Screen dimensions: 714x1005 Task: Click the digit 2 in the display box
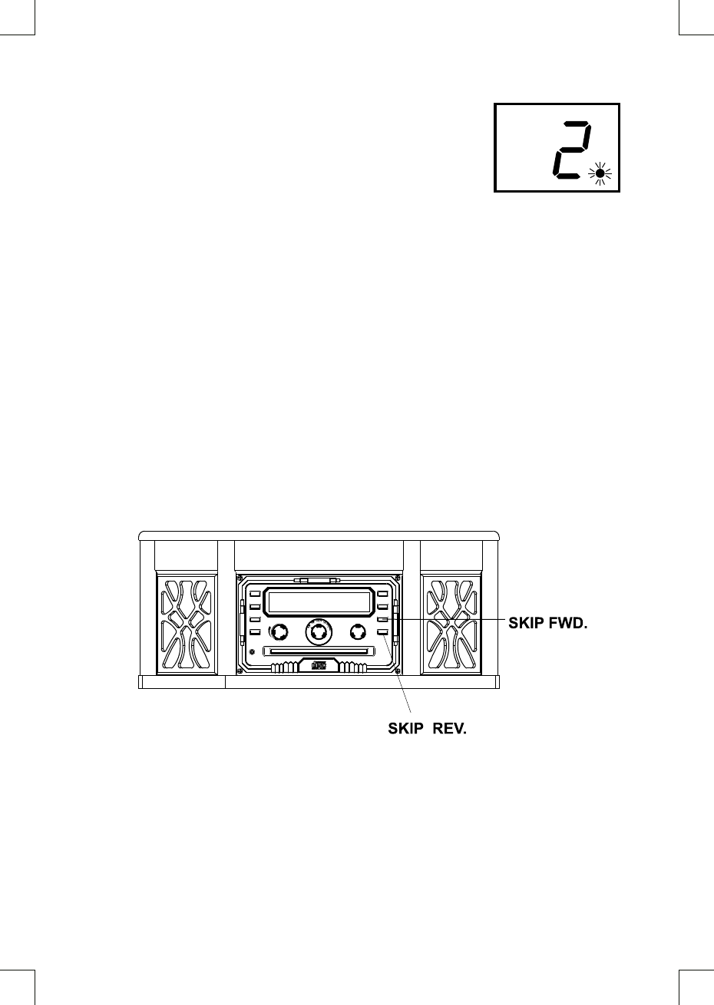tap(570, 150)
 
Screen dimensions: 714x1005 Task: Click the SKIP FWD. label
tap(548, 624)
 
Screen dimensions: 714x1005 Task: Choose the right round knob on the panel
tap(357, 632)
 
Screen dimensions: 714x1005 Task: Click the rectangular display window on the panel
tap(319, 603)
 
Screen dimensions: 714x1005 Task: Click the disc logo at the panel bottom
tap(319, 666)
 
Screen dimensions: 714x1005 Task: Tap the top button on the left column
tap(254, 594)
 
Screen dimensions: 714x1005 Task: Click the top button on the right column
tap(382, 594)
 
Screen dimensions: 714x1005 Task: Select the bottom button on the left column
tap(254, 632)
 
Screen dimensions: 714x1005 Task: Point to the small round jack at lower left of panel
tap(253, 652)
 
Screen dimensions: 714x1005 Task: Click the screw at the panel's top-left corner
tap(240, 578)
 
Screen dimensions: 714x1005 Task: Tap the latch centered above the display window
tap(317, 581)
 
